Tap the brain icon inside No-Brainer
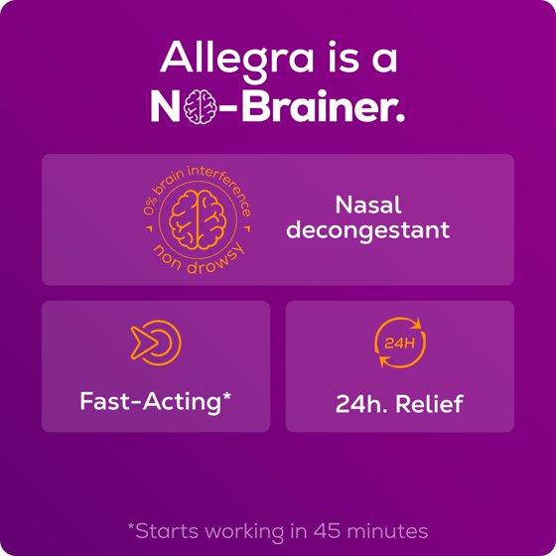(200, 106)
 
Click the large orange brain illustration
(198, 219)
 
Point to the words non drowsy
(199, 259)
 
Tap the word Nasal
(368, 205)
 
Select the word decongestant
(368, 230)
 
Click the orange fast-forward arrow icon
(156, 343)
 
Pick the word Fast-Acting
(150, 402)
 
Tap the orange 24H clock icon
(400, 343)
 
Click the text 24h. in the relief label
(361, 403)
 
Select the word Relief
(429, 403)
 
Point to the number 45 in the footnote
(327, 531)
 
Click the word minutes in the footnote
(387, 531)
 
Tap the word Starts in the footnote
(167, 531)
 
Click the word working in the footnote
(244, 532)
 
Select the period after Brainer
(400, 118)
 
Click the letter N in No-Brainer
(166, 106)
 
